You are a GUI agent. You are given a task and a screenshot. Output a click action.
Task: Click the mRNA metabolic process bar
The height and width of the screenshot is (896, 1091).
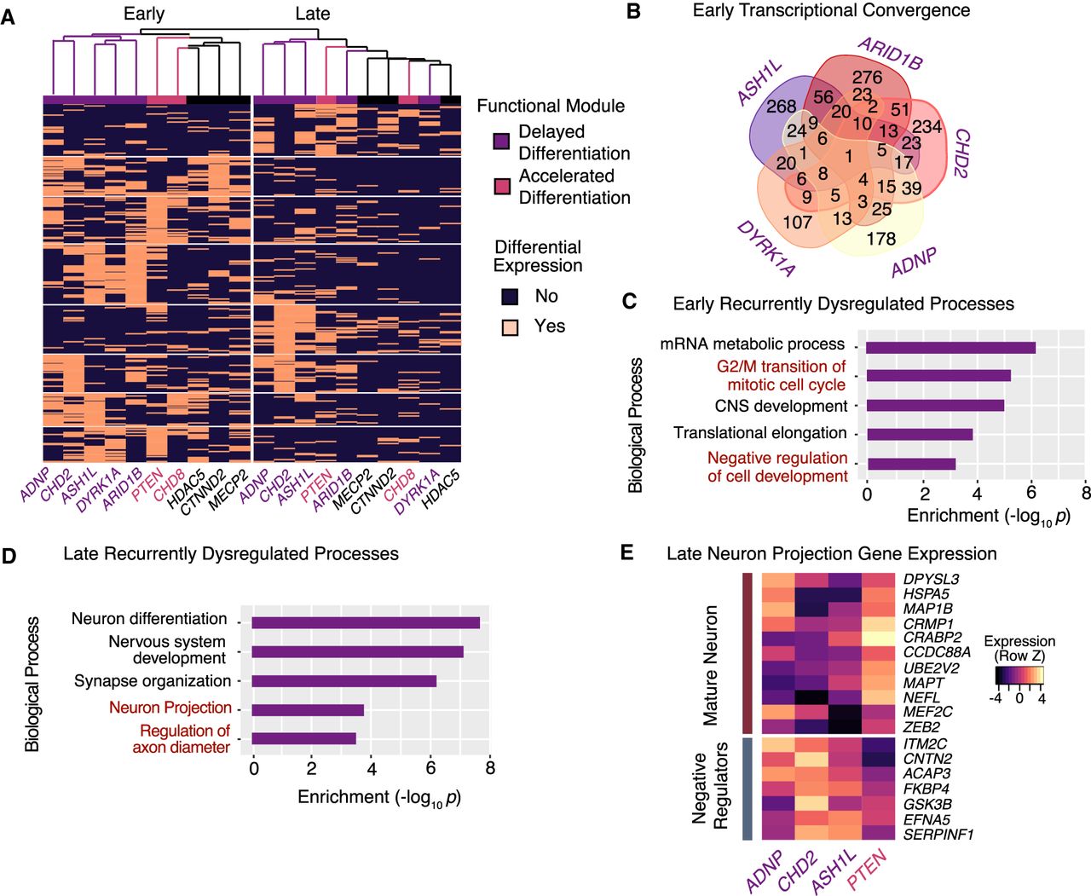(950, 347)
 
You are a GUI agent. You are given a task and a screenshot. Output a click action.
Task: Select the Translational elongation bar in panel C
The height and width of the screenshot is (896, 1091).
(920, 434)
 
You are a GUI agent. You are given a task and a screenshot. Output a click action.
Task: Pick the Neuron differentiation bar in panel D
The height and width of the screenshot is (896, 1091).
(365, 622)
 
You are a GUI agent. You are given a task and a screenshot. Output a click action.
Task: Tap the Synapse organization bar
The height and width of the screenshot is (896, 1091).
(343, 681)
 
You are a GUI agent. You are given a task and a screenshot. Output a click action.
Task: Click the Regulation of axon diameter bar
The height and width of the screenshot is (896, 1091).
(303, 738)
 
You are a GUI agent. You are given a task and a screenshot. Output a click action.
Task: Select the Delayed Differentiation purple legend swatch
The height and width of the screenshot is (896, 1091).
(502, 142)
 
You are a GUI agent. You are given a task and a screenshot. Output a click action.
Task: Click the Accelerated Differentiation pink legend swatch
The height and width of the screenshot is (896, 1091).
(502, 186)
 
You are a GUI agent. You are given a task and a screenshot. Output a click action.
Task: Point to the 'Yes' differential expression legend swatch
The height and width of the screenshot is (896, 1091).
(510, 327)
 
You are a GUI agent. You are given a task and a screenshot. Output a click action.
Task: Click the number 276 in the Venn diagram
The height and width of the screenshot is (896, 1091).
(867, 78)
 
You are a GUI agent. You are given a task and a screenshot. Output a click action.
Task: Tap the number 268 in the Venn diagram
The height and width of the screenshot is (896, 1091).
(781, 107)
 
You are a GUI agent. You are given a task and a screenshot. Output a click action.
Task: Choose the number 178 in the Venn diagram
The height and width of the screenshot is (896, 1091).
(880, 239)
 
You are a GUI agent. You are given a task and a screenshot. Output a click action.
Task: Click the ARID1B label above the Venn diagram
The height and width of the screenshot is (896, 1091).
(891, 54)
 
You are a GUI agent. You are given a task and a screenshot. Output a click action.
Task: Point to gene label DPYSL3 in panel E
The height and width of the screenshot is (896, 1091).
(931, 580)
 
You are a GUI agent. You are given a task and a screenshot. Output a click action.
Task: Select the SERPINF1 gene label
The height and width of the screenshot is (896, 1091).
(938, 835)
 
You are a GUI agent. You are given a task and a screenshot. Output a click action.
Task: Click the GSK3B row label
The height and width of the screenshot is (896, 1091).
(927, 804)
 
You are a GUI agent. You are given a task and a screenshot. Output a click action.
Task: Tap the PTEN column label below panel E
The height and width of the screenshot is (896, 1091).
(867, 869)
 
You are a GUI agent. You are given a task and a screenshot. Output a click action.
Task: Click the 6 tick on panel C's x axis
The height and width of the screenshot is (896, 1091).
(1031, 493)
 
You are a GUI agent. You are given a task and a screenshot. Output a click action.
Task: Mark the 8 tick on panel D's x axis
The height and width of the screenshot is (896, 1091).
(490, 769)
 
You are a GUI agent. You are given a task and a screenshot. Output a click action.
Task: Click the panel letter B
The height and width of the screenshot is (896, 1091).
(633, 13)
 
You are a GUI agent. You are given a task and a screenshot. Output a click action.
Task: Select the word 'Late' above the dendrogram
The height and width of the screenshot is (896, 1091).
(313, 14)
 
